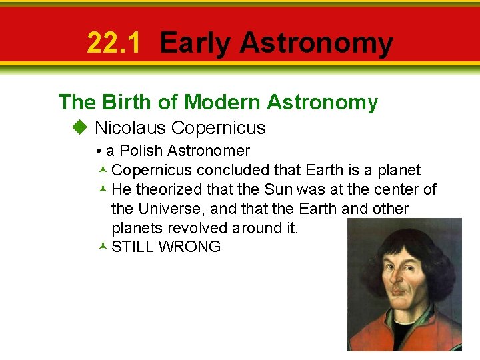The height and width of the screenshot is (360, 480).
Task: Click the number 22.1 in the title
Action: [x=114, y=43]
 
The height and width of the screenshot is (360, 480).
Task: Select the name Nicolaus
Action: [x=129, y=127]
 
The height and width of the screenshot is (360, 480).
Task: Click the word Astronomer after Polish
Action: [x=209, y=151]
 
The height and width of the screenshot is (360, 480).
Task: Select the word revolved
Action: [x=197, y=228]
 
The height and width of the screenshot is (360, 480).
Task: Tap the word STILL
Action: [x=132, y=247]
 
